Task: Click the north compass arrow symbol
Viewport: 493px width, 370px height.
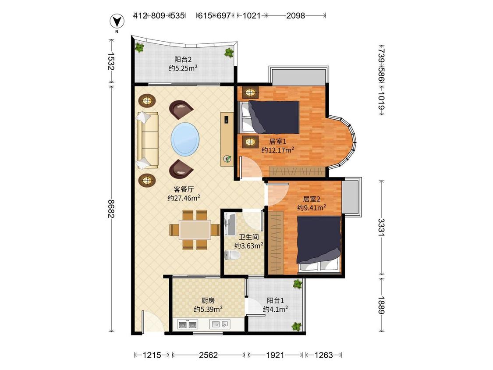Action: [x=117, y=21]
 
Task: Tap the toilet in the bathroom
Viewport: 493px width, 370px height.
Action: [x=232, y=255]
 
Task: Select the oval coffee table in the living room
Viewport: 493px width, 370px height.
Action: [x=185, y=139]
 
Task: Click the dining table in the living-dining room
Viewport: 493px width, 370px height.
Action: [x=195, y=230]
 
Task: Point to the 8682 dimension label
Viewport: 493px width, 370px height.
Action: [x=111, y=208]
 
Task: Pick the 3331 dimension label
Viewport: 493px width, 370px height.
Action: [x=381, y=227]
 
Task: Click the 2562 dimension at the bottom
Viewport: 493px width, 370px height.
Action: [x=208, y=355]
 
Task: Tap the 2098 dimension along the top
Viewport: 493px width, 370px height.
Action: [x=295, y=15]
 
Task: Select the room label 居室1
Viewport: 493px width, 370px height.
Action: [x=278, y=142]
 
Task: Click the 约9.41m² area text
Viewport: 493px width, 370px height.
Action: [x=312, y=208]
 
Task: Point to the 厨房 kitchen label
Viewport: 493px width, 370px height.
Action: [x=208, y=300]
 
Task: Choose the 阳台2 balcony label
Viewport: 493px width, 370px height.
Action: [x=183, y=59]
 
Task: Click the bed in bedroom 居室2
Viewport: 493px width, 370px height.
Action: [x=319, y=243]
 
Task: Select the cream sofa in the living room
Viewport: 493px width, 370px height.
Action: [x=147, y=140]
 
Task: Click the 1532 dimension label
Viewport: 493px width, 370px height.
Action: [x=111, y=61]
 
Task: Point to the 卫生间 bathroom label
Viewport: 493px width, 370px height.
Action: [x=249, y=237]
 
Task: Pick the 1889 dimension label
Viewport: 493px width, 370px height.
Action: [x=381, y=305]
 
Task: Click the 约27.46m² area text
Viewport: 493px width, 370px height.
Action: [x=184, y=198]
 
